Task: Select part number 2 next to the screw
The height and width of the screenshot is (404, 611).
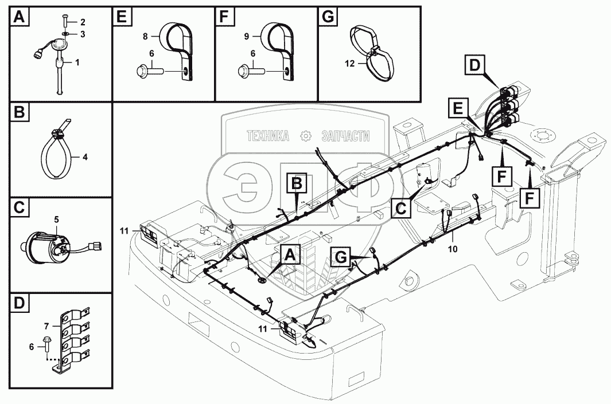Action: pos(83,22)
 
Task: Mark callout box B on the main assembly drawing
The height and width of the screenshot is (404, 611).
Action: pos(297,184)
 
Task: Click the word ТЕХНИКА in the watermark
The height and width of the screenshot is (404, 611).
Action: pos(267,136)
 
